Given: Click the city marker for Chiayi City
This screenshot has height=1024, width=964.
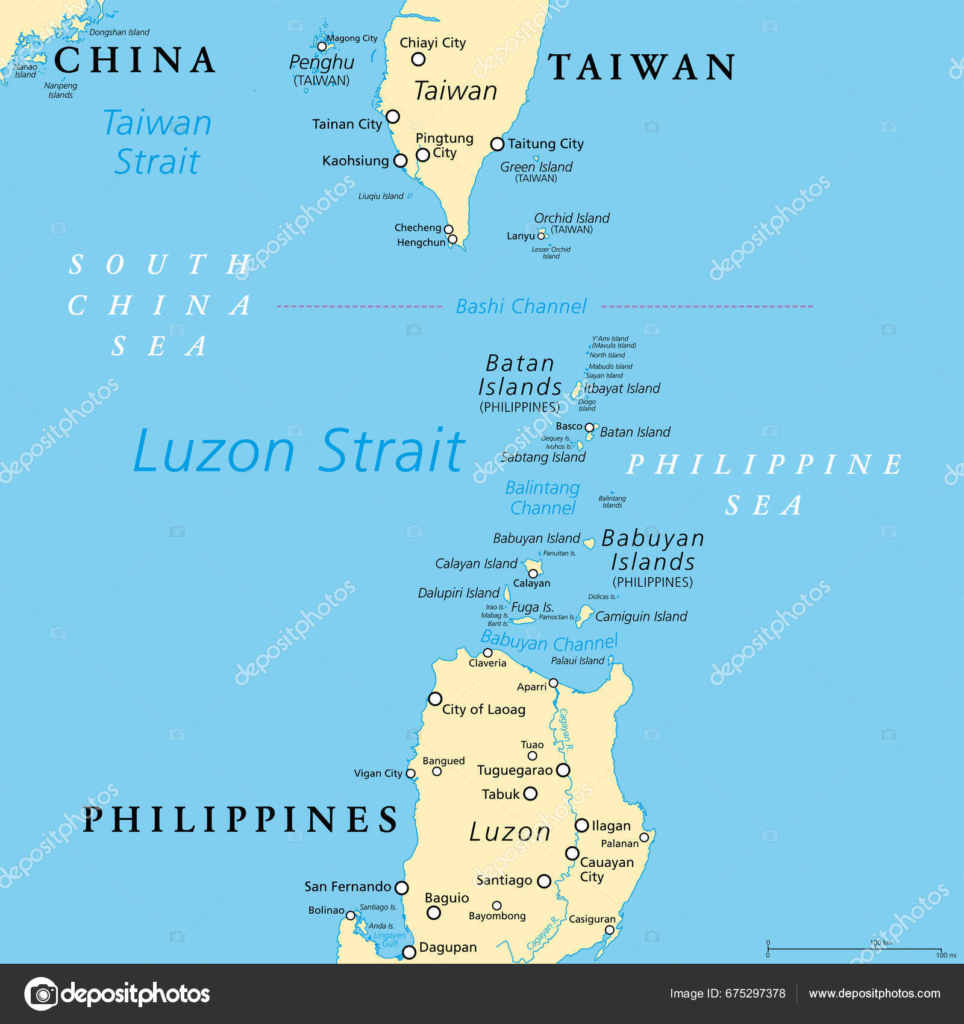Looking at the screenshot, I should (418, 59).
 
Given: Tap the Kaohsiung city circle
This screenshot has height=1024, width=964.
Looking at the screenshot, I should (400, 161).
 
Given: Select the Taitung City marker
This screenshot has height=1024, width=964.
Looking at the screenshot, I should (497, 144).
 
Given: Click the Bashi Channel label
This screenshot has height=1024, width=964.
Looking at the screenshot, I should (521, 307).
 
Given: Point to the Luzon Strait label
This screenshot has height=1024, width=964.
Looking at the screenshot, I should (299, 450).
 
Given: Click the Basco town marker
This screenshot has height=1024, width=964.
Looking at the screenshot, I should (589, 427).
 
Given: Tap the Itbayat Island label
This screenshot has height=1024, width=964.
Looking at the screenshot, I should (622, 389).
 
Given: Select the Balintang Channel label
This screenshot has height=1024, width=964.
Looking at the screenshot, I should (542, 498).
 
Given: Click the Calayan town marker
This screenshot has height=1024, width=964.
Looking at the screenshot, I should (533, 573).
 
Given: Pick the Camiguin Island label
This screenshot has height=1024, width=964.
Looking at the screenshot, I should (641, 616).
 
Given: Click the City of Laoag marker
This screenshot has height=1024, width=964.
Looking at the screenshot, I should (435, 699).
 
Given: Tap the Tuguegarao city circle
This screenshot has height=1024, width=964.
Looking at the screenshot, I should (563, 770).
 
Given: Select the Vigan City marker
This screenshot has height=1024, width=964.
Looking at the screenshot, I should (410, 773).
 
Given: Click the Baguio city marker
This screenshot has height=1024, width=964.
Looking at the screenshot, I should (433, 913).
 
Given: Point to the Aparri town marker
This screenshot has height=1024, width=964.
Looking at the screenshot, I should (553, 683).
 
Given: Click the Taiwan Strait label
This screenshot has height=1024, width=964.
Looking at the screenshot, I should (157, 142).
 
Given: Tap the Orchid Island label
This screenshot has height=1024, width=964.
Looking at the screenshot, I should (572, 218).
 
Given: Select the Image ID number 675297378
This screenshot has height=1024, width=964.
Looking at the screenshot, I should (755, 994).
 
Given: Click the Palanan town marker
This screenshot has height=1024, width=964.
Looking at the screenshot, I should (643, 837).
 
